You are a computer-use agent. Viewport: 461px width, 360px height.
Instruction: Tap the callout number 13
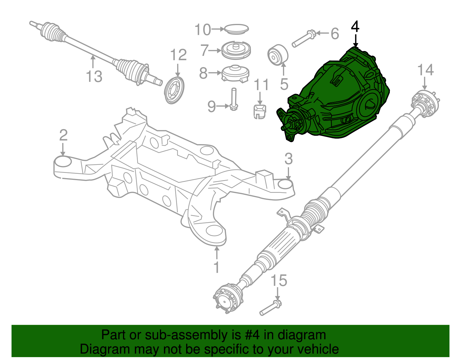(94, 77)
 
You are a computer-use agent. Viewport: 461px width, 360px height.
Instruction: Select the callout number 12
(178, 55)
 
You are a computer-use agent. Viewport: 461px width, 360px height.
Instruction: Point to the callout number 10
(203, 30)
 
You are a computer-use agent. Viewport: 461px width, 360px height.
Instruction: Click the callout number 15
(279, 280)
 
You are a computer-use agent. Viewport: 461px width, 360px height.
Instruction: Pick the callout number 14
(425, 70)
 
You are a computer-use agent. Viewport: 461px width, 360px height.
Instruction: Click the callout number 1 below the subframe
(216, 267)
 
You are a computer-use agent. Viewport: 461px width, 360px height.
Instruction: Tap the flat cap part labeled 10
(237, 29)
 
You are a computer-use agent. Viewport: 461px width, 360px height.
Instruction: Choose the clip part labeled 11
(260, 112)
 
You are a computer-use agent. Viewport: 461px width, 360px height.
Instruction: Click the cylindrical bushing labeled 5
(278, 55)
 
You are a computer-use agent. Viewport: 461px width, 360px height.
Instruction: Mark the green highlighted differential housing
(340, 98)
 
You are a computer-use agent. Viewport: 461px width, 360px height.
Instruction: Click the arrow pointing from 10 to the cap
(218, 29)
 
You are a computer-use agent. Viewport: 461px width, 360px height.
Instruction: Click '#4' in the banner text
(252, 335)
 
